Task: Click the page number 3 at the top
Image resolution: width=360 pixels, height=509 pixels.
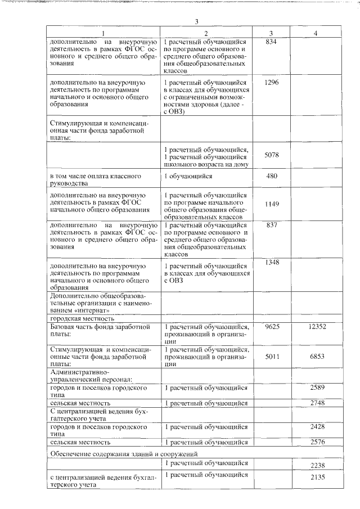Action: point(196,22)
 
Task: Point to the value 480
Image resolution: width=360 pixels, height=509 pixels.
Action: point(271,176)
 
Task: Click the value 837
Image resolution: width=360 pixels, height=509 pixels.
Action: point(271,226)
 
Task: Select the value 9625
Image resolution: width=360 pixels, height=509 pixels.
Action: point(271,326)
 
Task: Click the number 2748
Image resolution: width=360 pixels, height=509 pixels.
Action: point(317,403)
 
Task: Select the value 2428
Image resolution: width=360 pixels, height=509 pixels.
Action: point(317,427)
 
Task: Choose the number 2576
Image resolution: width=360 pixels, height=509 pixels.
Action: point(317,443)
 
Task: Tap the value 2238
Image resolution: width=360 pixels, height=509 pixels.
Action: point(317,466)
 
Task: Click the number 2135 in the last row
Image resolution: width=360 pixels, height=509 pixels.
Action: point(317,477)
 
